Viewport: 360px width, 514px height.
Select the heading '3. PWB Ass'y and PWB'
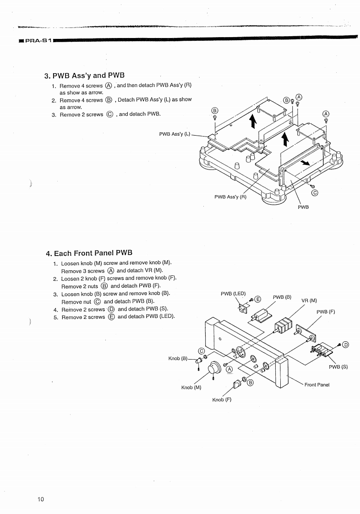click(84, 75)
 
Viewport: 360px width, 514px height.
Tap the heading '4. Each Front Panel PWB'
click(89, 253)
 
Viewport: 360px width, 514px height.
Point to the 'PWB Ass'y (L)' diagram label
click(175, 134)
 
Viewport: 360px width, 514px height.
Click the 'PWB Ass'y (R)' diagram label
click(230, 197)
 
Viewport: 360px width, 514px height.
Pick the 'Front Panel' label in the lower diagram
click(317, 385)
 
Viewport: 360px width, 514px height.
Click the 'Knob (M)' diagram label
click(191, 388)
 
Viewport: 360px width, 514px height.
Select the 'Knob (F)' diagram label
click(222, 400)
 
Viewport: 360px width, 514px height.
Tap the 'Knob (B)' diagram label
click(178, 358)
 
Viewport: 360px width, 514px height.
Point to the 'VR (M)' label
click(309, 301)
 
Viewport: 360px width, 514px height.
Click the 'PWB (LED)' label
click(233, 293)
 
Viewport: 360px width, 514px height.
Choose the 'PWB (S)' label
click(338, 366)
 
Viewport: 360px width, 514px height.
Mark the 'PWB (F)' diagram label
click(326, 312)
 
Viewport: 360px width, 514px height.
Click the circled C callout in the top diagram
click(315, 193)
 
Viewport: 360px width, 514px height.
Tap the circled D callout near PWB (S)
click(345, 344)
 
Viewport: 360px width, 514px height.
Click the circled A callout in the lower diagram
click(229, 370)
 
